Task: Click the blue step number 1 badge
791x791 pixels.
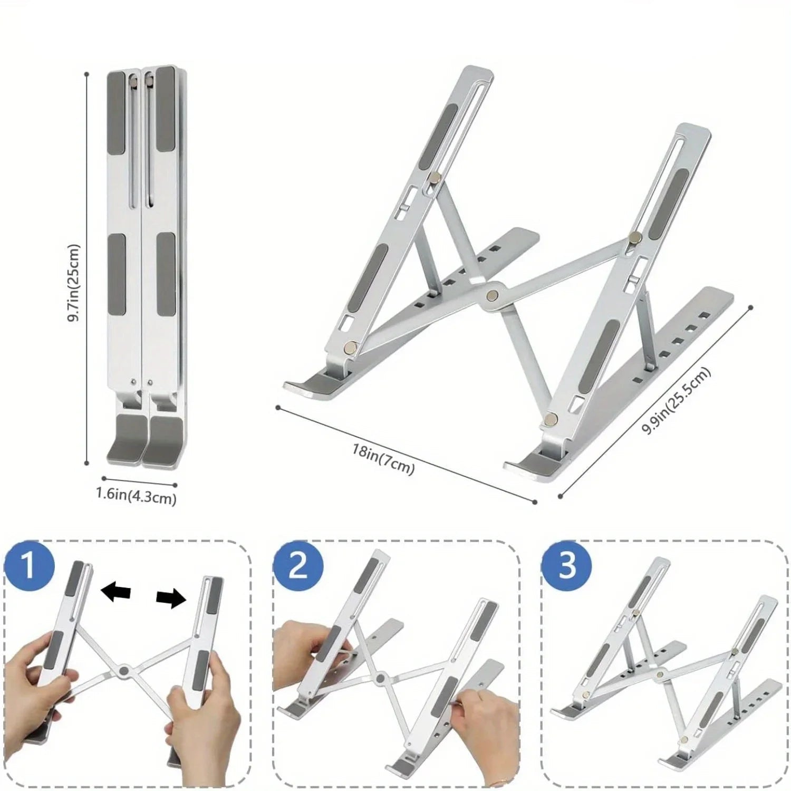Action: coord(30,566)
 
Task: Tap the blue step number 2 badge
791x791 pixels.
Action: coord(298,566)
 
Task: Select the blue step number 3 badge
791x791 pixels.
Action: coord(567,566)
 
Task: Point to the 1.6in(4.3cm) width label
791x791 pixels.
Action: coord(136,496)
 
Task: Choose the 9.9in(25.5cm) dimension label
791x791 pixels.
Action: coord(676,401)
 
